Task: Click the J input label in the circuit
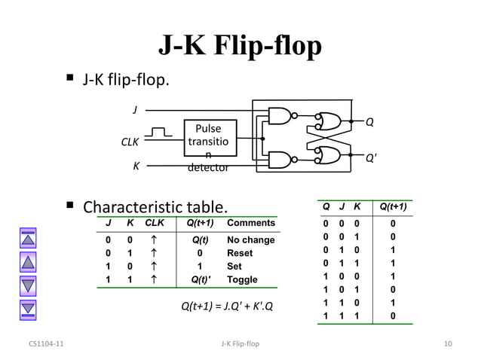tap(135, 110)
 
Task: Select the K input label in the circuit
tap(136, 166)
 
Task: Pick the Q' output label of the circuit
tap(371, 158)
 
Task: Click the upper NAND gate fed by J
tap(280, 117)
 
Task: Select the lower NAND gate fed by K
tap(280, 160)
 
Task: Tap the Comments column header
tap(251, 223)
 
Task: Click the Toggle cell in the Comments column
tap(242, 279)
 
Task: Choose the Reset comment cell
tap(240, 253)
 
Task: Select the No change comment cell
tap(251, 240)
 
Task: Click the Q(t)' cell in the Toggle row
tap(200, 279)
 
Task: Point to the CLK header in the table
tap(154, 223)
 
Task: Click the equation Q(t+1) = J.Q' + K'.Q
tap(227, 307)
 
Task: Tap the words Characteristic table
tap(154, 206)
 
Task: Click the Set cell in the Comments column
tap(234, 267)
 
